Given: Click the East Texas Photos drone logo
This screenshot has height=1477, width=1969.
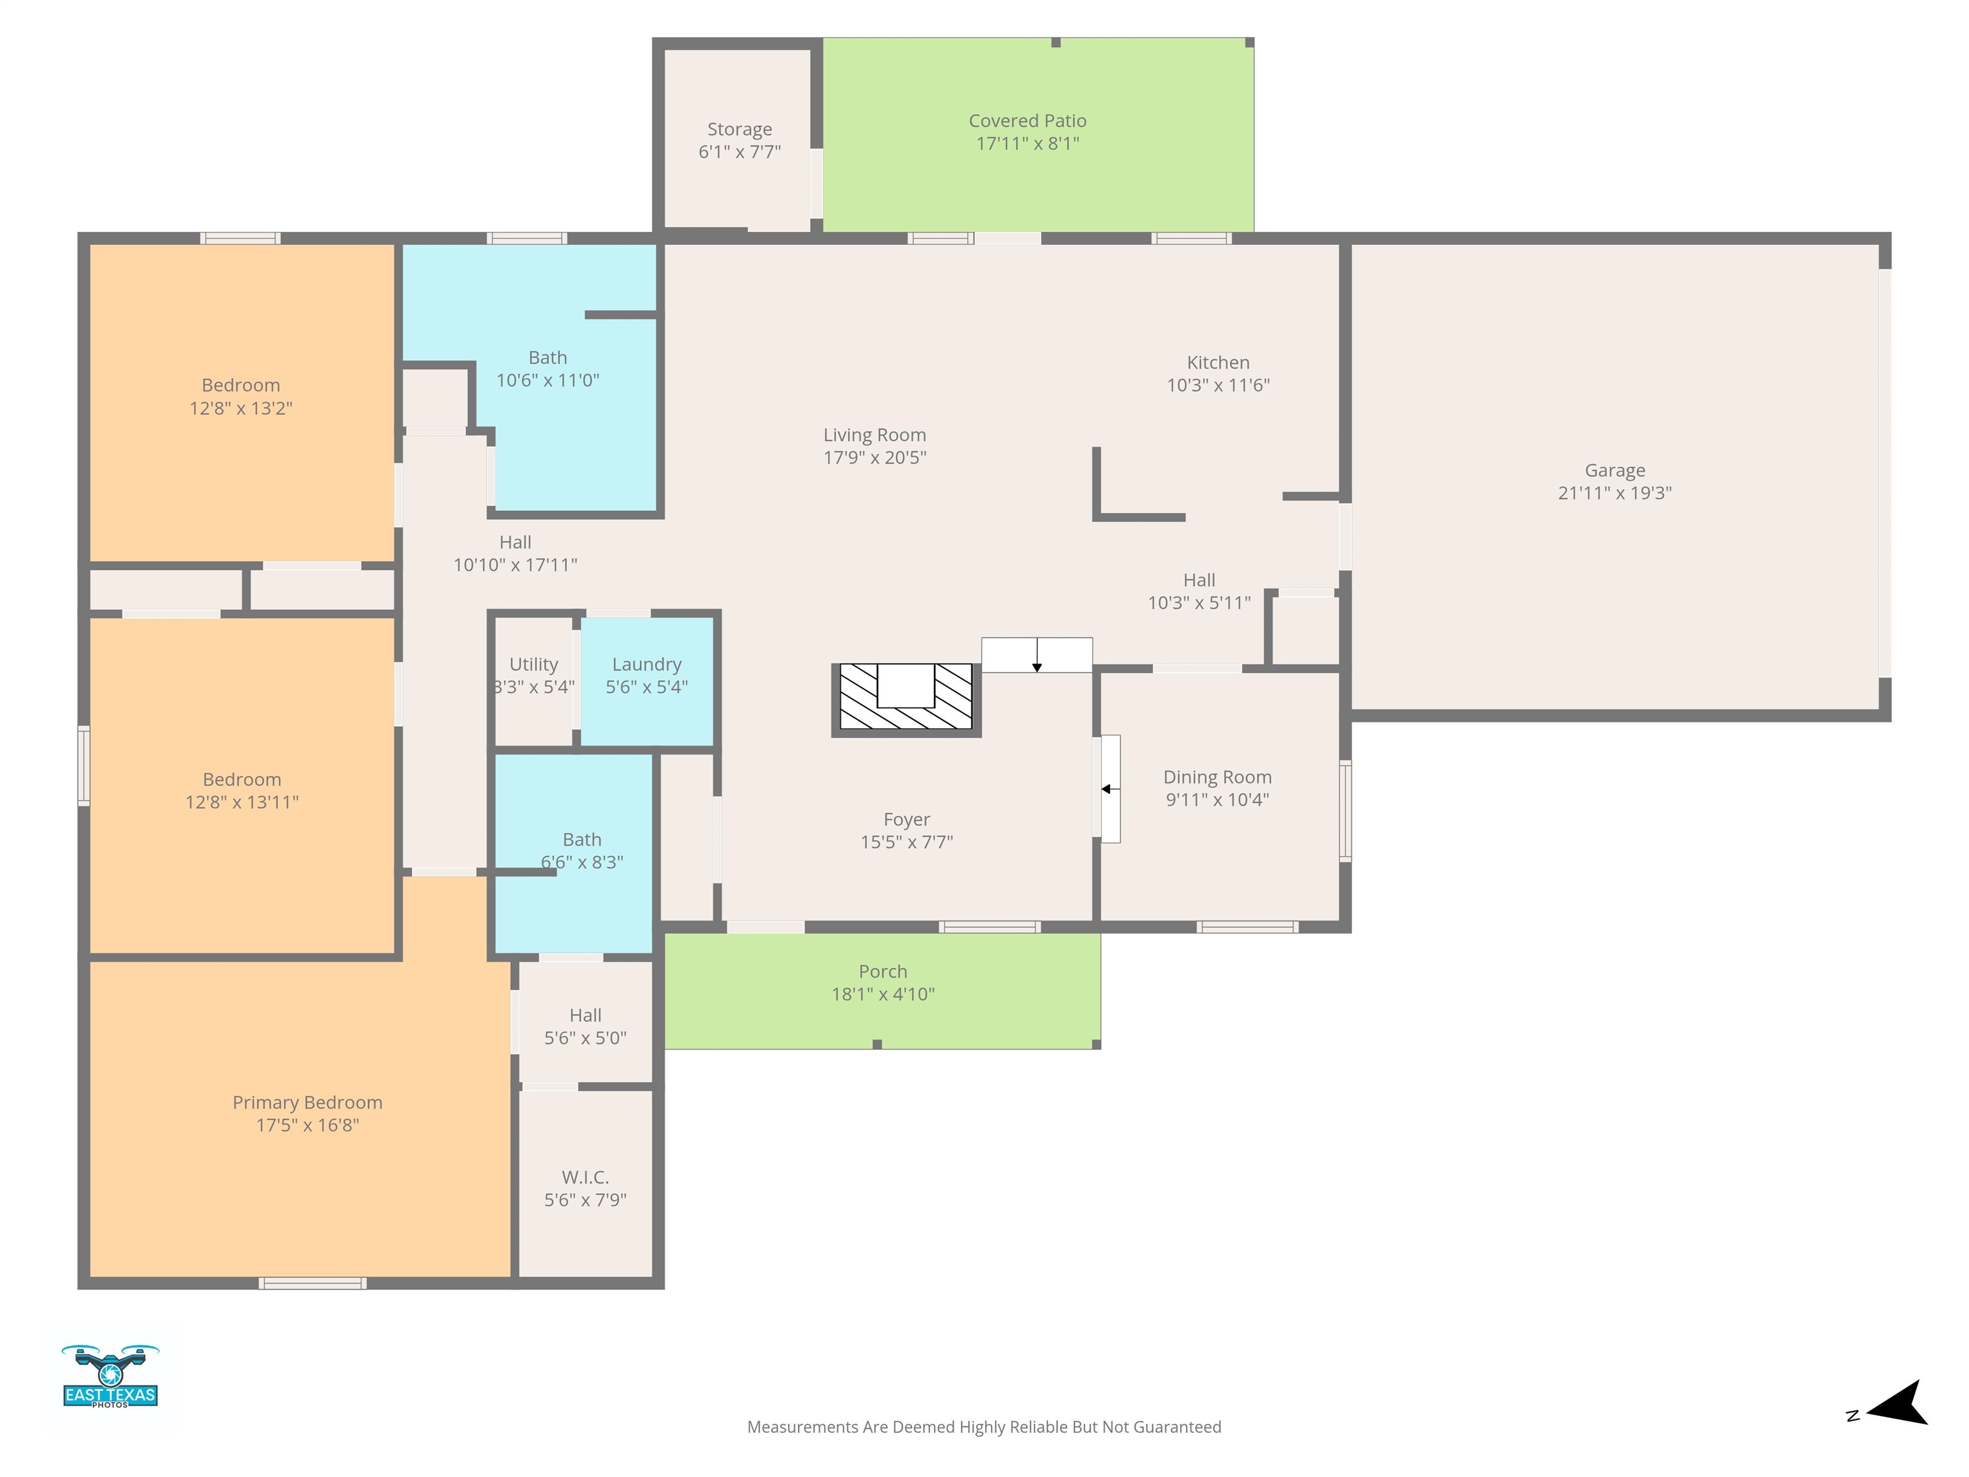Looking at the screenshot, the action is point(110,1376).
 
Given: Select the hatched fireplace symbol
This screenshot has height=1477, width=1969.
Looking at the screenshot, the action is point(906,700).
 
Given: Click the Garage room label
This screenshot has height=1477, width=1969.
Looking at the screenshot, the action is point(1615,470).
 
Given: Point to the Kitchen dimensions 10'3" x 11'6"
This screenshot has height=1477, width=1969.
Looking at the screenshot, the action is point(1218,385).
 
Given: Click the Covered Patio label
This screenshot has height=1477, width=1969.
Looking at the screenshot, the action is point(1027,120).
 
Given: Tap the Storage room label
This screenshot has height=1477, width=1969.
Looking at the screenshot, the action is point(740,129).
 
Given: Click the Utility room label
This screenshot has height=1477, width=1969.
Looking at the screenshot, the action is point(533,664).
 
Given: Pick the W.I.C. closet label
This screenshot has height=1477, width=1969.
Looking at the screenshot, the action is point(585,1177).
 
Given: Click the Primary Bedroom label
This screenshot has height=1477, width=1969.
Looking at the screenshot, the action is point(307,1102).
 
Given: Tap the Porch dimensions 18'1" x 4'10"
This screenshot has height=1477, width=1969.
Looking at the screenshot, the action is point(883,994).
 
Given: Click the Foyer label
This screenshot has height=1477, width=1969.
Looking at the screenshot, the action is point(906,819).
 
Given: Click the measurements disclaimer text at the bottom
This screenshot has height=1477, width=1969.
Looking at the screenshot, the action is point(984,1427).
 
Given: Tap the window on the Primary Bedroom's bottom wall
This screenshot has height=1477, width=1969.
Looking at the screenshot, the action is point(312,1283).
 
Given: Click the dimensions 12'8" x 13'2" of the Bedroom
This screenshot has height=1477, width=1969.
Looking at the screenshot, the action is point(240,408).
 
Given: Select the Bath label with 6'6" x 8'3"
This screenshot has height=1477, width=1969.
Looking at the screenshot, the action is point(581,840).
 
